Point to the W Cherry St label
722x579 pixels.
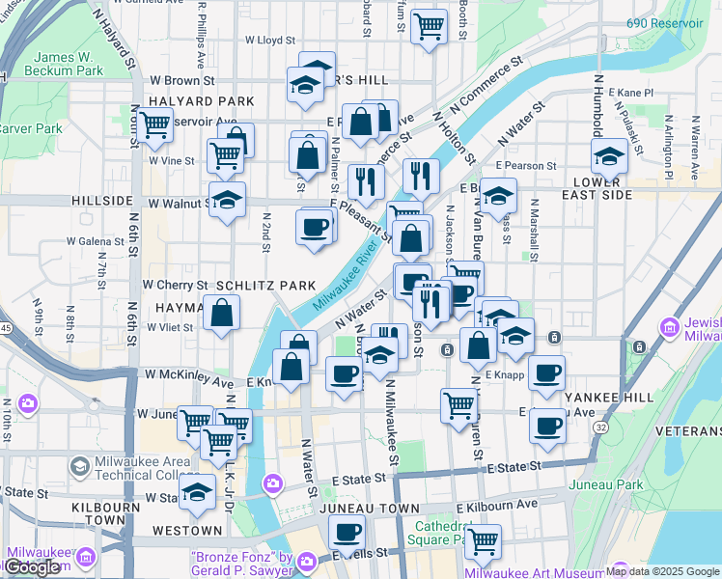tap(176, 286)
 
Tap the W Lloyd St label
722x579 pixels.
tap(269, 41)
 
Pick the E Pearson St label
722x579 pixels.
tap(528, 166)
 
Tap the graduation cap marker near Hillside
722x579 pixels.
tap(228, 201)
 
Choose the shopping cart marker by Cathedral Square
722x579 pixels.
tap(482, 541)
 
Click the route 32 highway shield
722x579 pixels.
tap(601, 427)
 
